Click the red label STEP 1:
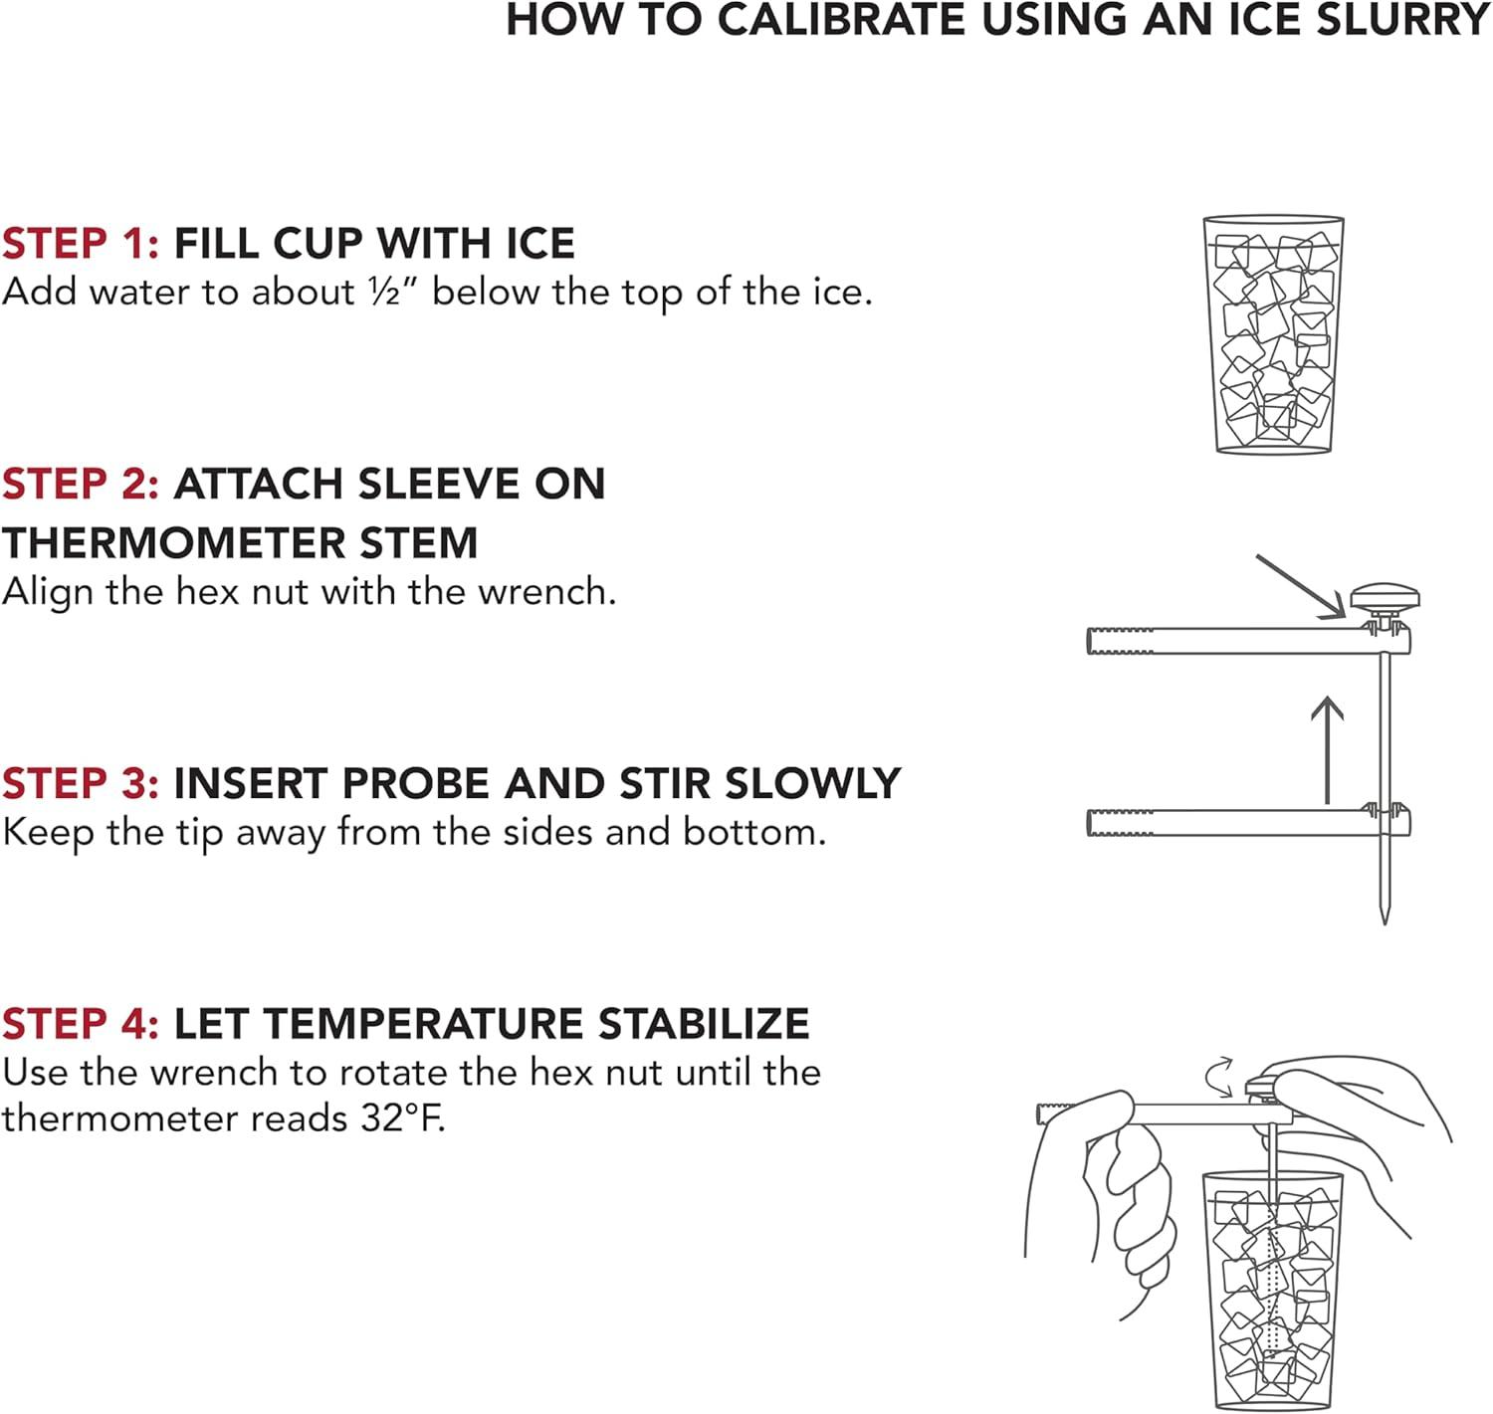coord(80,244)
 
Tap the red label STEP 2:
coord(80,484)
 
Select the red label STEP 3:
coord(80,784)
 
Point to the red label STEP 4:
coord(80,1024)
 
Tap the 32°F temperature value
coord(402,1117)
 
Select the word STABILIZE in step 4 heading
coord(704,1024)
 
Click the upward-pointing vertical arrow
coord(1328,749)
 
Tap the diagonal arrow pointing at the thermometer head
coord(1300,587)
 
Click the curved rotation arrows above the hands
coord(1219,1077)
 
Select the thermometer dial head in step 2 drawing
coord(1386,598)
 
